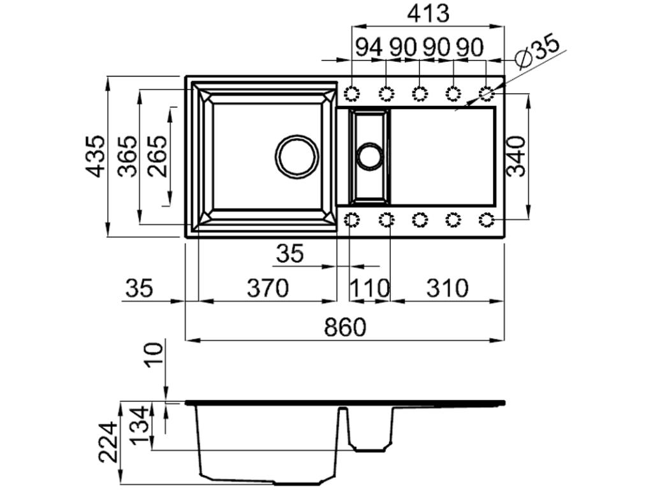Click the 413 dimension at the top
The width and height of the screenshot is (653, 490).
[429, 13]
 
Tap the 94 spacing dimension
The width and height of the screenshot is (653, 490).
[369, 47]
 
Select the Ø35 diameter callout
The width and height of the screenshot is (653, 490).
[538, 51]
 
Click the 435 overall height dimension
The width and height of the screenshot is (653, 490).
[96, 156]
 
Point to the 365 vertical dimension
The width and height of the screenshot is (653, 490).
[128, 156]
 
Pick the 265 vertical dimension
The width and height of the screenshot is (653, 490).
[157, 156]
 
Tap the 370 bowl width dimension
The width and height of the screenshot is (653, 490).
[268, 288]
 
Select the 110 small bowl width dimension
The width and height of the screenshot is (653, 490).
[369, 289]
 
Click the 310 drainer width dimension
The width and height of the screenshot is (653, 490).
[447, 288]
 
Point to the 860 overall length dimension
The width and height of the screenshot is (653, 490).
[345, 327]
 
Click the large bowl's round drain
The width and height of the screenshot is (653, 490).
[297, 156]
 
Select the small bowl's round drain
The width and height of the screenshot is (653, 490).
[369, 156]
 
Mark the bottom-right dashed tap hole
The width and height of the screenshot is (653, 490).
[487, 220]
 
